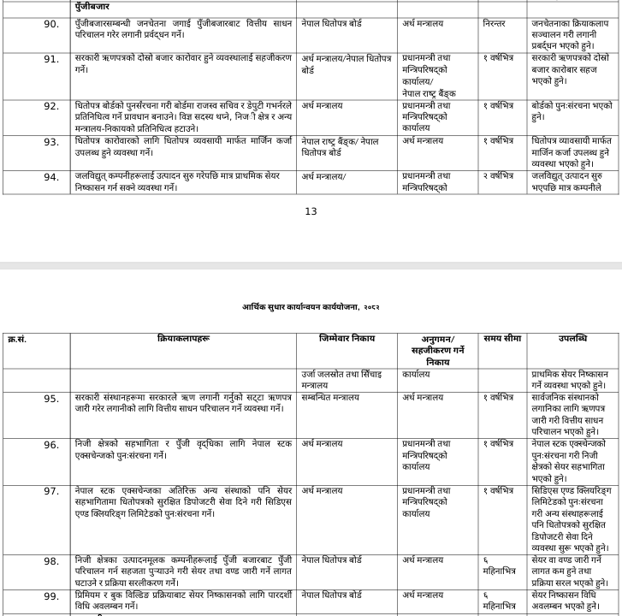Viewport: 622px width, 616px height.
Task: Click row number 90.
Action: pyautogui.click(x=51, y=24)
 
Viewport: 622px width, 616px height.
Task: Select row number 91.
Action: pyautogui.click(x=51, y=59)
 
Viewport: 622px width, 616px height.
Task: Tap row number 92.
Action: pyautogui.click(x=51, y=106)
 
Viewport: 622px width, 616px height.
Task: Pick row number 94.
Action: pyautogui.click(x=51, y=177)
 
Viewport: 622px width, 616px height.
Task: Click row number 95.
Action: pyautogui.click(x=51, y=399)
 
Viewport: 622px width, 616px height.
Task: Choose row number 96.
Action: pyautogui.click(x=51, y=445)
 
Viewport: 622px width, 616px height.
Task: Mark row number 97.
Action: pyautogui.click(x=51, y=491)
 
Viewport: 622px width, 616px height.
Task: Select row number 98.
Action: pyautogui.click(x=51, y=561)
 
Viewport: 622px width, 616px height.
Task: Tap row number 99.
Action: pyautogui.click(x=51, y=596)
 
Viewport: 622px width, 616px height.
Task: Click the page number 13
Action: pyautogui.click(x=311, y=211)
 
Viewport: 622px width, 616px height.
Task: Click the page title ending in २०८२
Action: pyautogui.click(x=311, y=306)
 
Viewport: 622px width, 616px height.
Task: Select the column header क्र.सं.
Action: pyautogui.click(x=17, y=340)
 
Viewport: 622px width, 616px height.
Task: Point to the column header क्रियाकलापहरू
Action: pyautogui.click(x=183, y=340)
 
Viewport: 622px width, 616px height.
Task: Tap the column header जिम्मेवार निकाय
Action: pyautogui.click(x=347, y=339)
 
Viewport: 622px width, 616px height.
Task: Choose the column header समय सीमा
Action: pyautogui.click(x=501, y=339)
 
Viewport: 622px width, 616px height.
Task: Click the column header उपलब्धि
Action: pyautogui.click(x=572, y=339)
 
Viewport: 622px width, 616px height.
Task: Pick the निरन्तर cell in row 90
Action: pyautogui.click(x=495, y=24)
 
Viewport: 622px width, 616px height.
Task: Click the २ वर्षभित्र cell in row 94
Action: pyautogui.click(x=499, y=176)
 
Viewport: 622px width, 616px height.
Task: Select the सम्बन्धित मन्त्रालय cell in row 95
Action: pyautogui.click(x=330, y=398)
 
